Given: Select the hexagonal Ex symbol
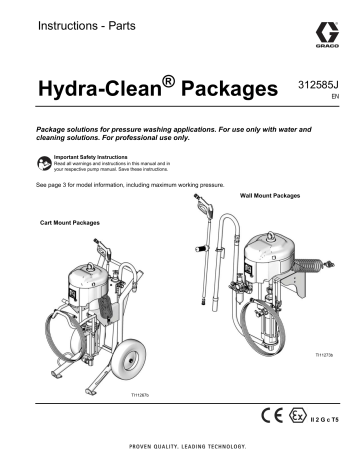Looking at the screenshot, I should pyautogui.click(x=304, y=414).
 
